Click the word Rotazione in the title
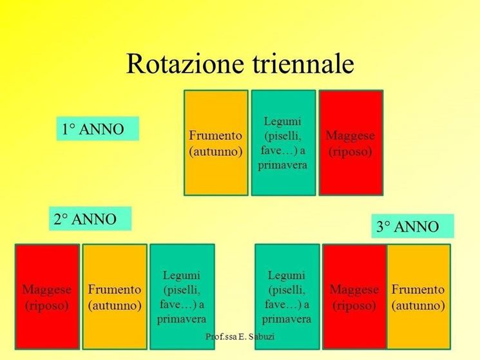point(185,63)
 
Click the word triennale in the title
point(303,63)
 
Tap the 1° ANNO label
point(98,128)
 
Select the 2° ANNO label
point(90,218)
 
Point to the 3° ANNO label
point(412,226)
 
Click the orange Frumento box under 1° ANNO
point(216,143)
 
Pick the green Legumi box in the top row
point(283,143)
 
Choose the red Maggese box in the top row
point(351,143)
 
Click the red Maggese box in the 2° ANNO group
point(47,297)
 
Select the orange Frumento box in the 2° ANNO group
point(115,297)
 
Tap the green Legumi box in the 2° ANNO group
point(182,297)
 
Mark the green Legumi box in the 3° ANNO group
point(287,297)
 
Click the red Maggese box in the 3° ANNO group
point(354,297)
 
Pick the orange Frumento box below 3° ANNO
point(419,297)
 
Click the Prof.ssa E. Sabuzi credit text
point(240,337)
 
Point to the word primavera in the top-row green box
point(282,166)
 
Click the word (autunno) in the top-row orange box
point(216,152)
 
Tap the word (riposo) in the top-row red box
point(350,152)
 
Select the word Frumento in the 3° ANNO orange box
point(418,289)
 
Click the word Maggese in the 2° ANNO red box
point(47,290)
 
